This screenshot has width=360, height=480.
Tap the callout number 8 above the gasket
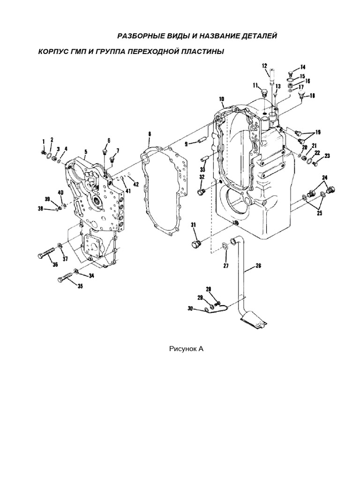[150, 134]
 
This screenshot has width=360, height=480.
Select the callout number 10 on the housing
[221, 99]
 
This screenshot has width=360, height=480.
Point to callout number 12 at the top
[264, 65]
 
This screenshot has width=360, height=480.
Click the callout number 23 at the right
[327, 156]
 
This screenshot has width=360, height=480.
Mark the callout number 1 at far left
[43, 141]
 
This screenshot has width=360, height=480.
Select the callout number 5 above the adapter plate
[86, 151]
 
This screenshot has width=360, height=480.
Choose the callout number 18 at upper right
[312, 96]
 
